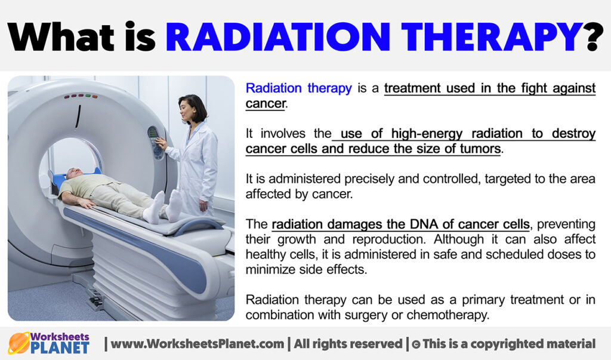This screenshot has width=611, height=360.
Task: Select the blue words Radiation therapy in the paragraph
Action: tap(298, 88)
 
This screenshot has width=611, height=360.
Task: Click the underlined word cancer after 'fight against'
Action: tap(265, 103)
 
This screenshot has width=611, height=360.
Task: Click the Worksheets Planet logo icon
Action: tap(18, 343)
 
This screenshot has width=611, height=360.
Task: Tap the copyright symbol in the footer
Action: tap(416, 344)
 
